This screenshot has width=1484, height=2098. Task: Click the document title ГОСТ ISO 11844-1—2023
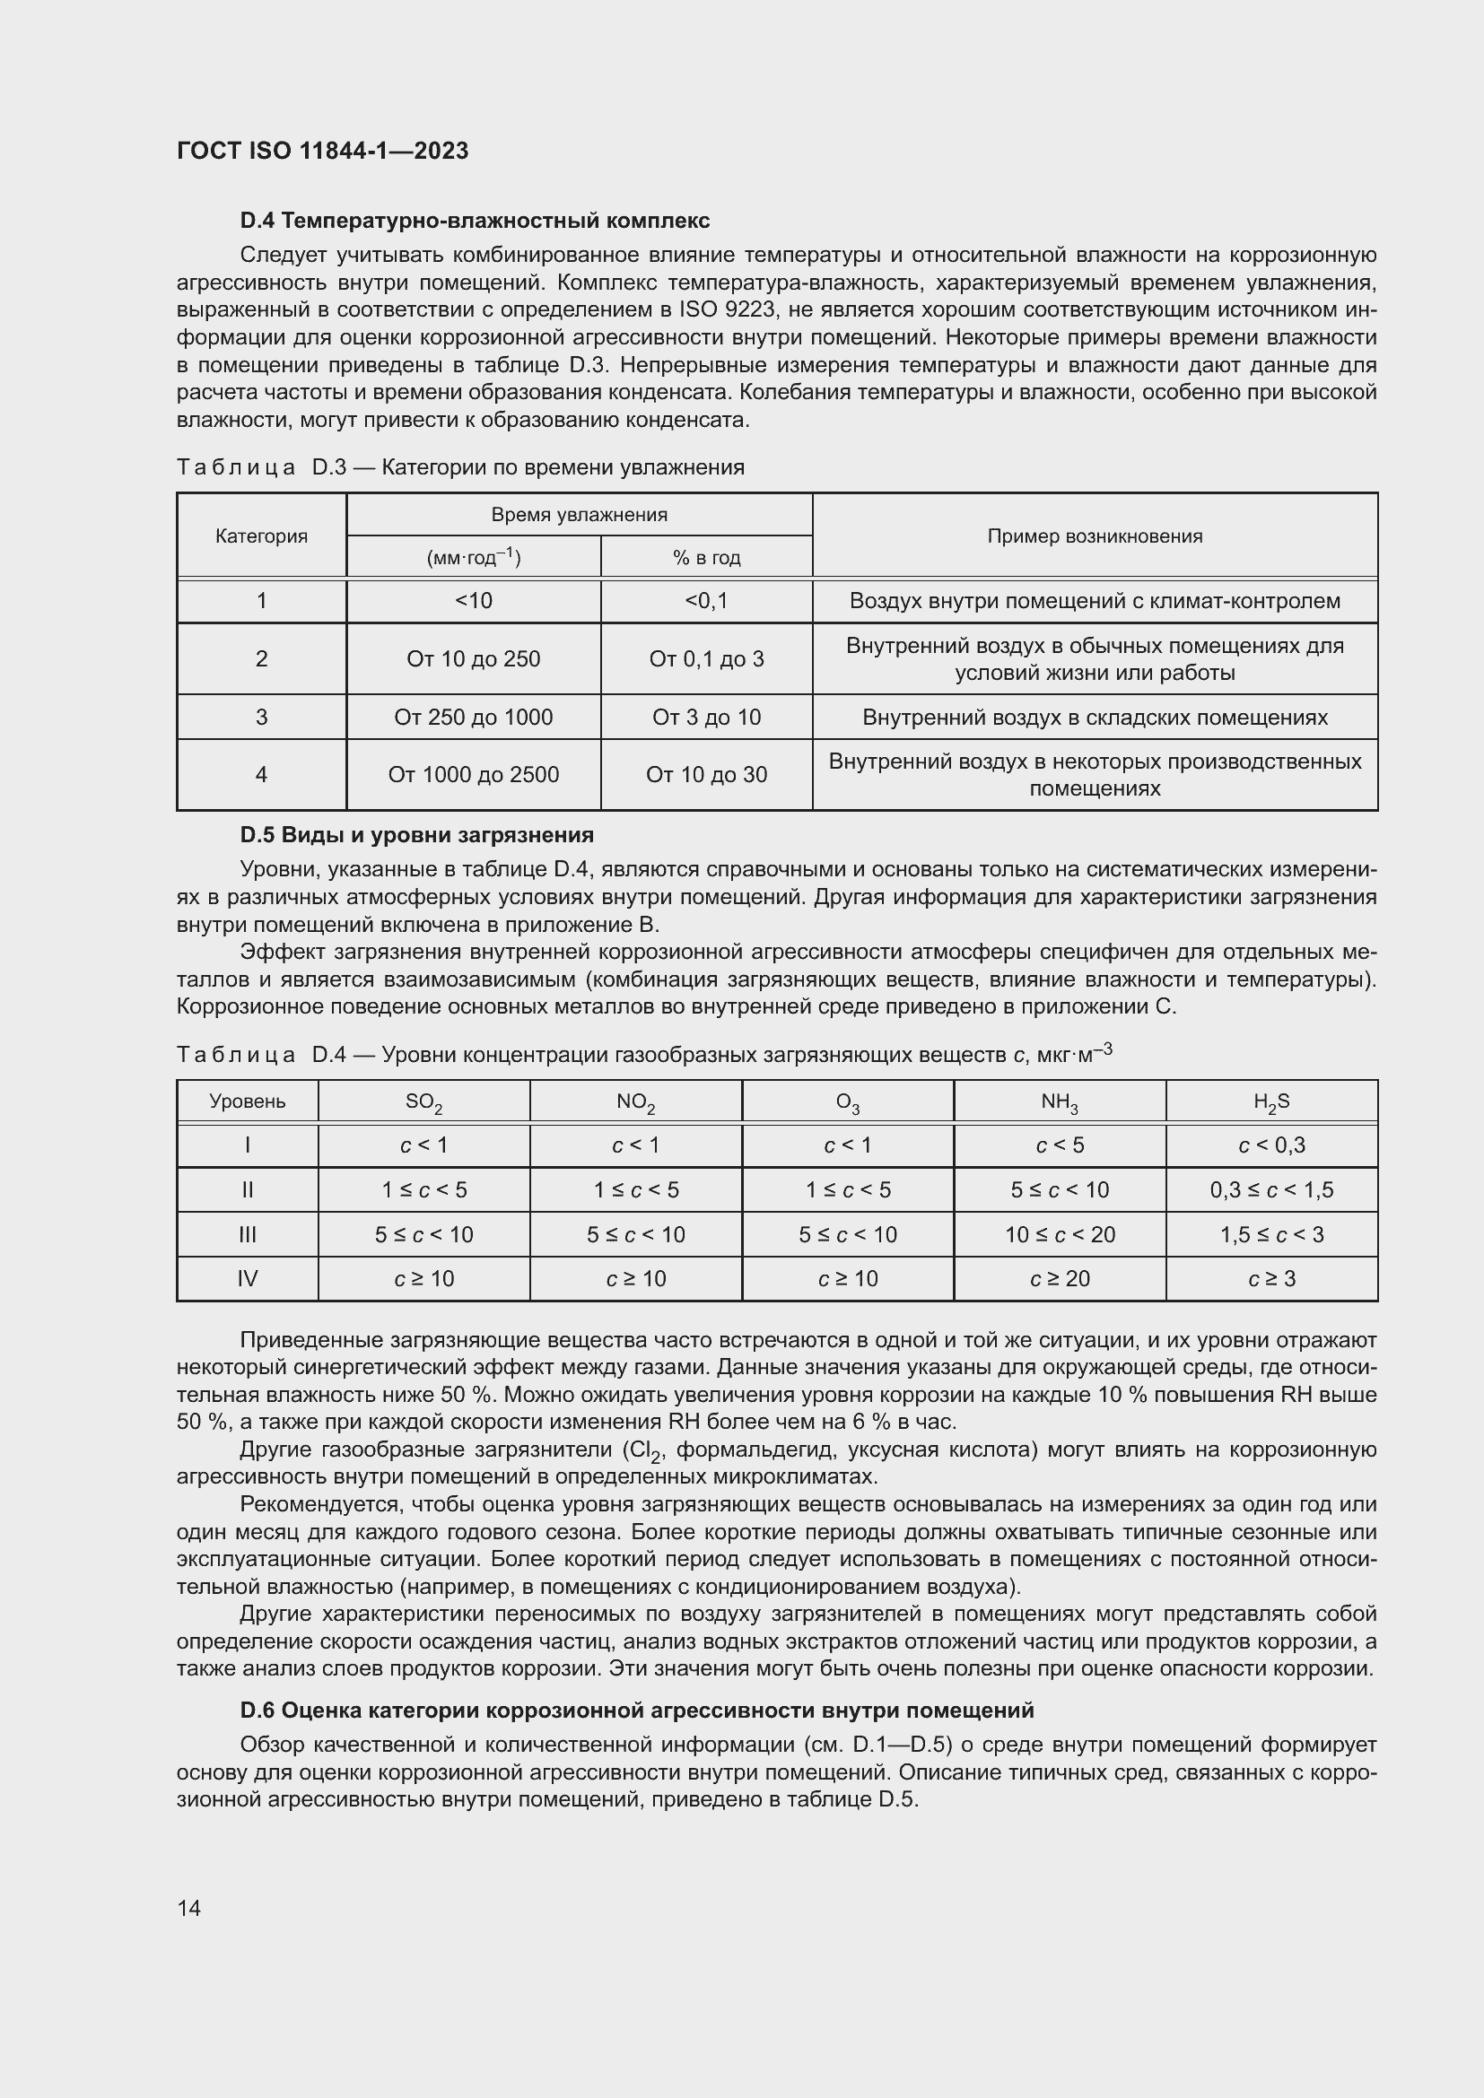point(323,151)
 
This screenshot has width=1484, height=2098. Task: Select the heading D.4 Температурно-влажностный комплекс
point(475,221)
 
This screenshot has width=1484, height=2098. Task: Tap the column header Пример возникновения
point(1094,536)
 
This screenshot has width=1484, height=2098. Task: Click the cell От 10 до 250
point(474,659)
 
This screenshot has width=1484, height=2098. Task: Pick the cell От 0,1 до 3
point(705,659)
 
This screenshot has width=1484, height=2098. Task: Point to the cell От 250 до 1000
point(474,718)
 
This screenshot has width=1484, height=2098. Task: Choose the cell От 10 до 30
point(705,775)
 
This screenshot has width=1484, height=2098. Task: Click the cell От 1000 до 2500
point(474,775)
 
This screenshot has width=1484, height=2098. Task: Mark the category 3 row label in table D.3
point(261,718)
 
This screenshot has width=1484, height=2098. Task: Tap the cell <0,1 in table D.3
point(705,600)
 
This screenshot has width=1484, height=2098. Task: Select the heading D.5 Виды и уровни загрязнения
point(416,834)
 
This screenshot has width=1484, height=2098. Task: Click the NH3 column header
point(1059,1102)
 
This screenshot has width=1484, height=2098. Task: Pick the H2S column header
point(1271,1102)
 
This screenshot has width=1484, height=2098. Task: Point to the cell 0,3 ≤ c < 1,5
point(1271,1189)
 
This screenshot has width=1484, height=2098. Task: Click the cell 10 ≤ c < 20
point(1059,1234)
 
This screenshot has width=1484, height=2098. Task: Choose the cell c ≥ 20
point(1059,1278)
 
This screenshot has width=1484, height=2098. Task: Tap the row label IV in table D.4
point(247,1278)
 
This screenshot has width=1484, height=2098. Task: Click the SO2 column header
point(424,1102)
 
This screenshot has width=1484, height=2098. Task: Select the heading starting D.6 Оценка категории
point(637,1710)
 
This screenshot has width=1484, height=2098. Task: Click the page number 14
point(189,1908)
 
